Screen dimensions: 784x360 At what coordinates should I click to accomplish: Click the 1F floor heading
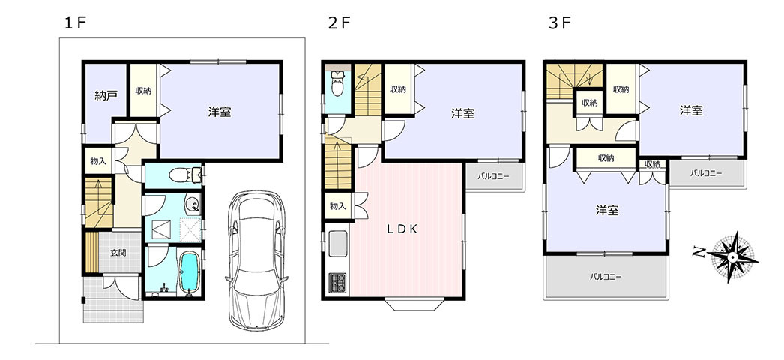(x=76, y=23)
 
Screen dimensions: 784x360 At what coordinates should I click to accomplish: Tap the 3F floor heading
(x=560, y=23)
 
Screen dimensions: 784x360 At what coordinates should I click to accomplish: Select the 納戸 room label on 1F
(x=106, y=96)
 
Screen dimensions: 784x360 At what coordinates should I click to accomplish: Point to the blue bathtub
(x=189, y=273)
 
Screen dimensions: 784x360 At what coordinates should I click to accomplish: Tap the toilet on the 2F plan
(x=339, y=83)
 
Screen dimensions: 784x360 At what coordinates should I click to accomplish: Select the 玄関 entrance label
(x=118, y=253)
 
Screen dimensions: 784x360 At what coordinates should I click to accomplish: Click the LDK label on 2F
(x=402, y=229)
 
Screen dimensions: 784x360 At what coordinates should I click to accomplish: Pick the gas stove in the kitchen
(x=337, y=283)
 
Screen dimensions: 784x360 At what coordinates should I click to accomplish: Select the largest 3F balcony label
(x=606, y=276)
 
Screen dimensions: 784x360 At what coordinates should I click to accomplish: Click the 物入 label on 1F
(x=98, y=161)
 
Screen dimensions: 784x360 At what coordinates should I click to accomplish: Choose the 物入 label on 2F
(x=337, y=206)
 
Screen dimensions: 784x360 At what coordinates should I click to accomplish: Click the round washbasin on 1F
(x=193, y=205)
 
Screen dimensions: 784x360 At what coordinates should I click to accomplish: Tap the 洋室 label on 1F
(x=220, y=112)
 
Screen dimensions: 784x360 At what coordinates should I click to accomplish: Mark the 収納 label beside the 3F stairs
(x=590, y=103)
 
